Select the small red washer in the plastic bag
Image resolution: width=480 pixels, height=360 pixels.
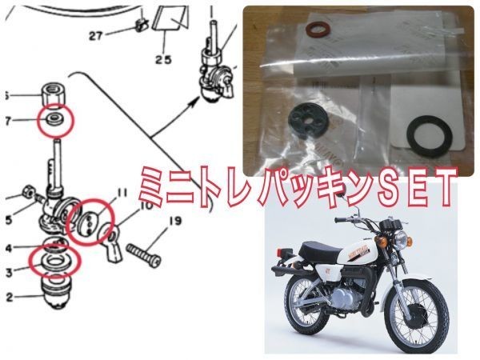tap(316, 31)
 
